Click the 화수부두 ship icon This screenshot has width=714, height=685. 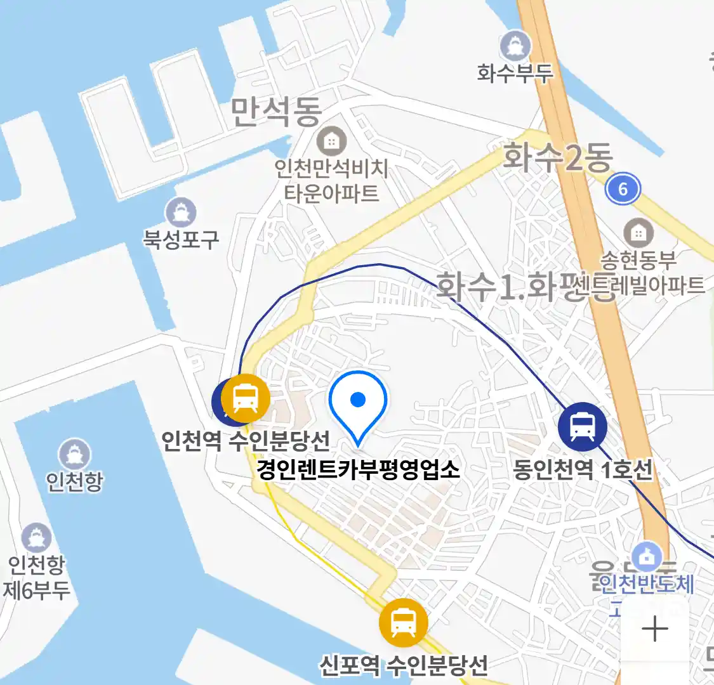click(x=515, y=46)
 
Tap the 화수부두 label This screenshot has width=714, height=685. click(x=515, y=73)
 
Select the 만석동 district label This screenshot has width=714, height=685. click(x=275, y=112)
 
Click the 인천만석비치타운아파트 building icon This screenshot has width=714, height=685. click(x=331, y=141)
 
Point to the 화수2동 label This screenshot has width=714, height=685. click(x=557, y=157)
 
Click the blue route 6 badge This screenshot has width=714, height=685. click(x=622, y=188)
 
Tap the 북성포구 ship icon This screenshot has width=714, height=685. click(x=181, y=212)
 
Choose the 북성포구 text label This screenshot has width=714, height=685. click(x=181, y=239)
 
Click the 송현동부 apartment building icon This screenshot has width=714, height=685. click(x=638, y=233)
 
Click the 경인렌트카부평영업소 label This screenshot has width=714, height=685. click(x=358, y=470)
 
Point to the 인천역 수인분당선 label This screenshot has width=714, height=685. click(x=246, y=440)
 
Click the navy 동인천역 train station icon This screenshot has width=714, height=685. click(x=582, y=426)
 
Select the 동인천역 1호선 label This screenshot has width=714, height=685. click(x=582, y=470)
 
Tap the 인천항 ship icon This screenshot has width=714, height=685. click(x=75, y=454)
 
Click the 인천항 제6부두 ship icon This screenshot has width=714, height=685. click(x=36, y=538)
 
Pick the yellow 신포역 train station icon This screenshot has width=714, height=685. click(x=404, y=622)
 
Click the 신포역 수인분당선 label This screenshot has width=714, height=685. click(x=404, y=665)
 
